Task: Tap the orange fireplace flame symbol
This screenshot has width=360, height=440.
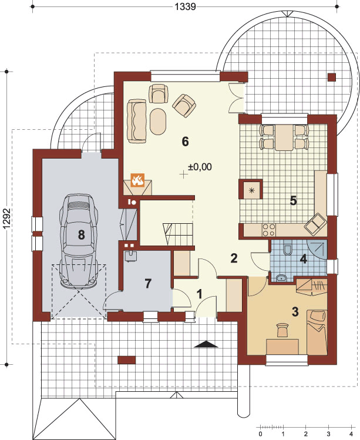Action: (x=138, y=180)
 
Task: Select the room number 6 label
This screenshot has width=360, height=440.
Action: (x=185, y=142)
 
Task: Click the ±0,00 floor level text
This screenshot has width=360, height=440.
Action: (x=200, y=167)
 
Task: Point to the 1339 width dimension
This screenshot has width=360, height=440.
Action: (x=186, y=6)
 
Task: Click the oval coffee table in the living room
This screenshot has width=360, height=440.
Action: (x=158, y=122)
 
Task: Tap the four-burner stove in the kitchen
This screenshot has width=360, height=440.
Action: (x=268, y=230)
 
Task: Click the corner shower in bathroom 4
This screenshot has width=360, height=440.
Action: (x=318, y=249)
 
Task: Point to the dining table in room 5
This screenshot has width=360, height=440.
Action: (x=284, y=137)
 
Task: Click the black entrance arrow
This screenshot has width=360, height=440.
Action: (x=206, y=344)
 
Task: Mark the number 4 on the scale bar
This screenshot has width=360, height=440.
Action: (x=351, y=434)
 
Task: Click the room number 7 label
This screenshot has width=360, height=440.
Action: (x=148, y=283)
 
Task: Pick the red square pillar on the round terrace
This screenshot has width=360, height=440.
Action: (x=332, y=77)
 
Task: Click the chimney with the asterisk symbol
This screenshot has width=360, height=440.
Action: (x=251, y=190)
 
